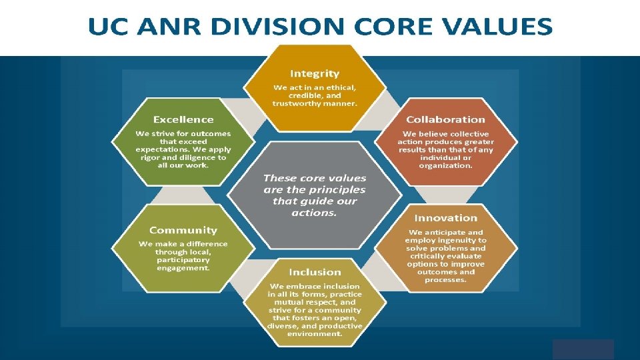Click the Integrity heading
point(314,73)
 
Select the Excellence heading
point(183,119)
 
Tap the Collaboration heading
point(445,119)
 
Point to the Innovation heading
point(445,218)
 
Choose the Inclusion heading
point(315,272)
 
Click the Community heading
point(183,230)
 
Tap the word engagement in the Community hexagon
point(183,268)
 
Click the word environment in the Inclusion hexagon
point(315,334)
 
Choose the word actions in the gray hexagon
point(313,213)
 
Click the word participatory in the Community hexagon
point(183,260)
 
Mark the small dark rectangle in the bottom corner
point(583,349)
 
